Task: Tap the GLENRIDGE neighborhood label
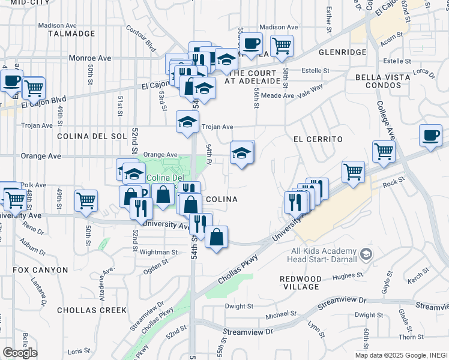pyautogui.click(x=342, y=53)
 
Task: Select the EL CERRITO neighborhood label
pyautogui.click(x=318, y=139)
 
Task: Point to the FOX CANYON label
pyautogui.click(x=41, y=271)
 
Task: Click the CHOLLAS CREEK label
pyautogui.click(x=92, y=310)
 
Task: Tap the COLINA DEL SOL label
pyautogui.click(x=92, y=136)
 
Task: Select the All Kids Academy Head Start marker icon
pyautogui.click(x=365, y=256)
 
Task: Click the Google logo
pyautogui.click(x=20, y=353)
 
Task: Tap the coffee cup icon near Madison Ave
pyautogui.click(x=252, y=43)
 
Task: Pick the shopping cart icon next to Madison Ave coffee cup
pyautogui.click(x=281, y=46)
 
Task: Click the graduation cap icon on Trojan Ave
pyautogui.click(x=187, y=122)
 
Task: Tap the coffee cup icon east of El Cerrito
pyautogui.click(x=430, y=136)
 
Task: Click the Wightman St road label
pyautogui.click(x=158, y=253)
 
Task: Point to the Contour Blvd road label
pyautogui.click(x=141, y=37)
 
